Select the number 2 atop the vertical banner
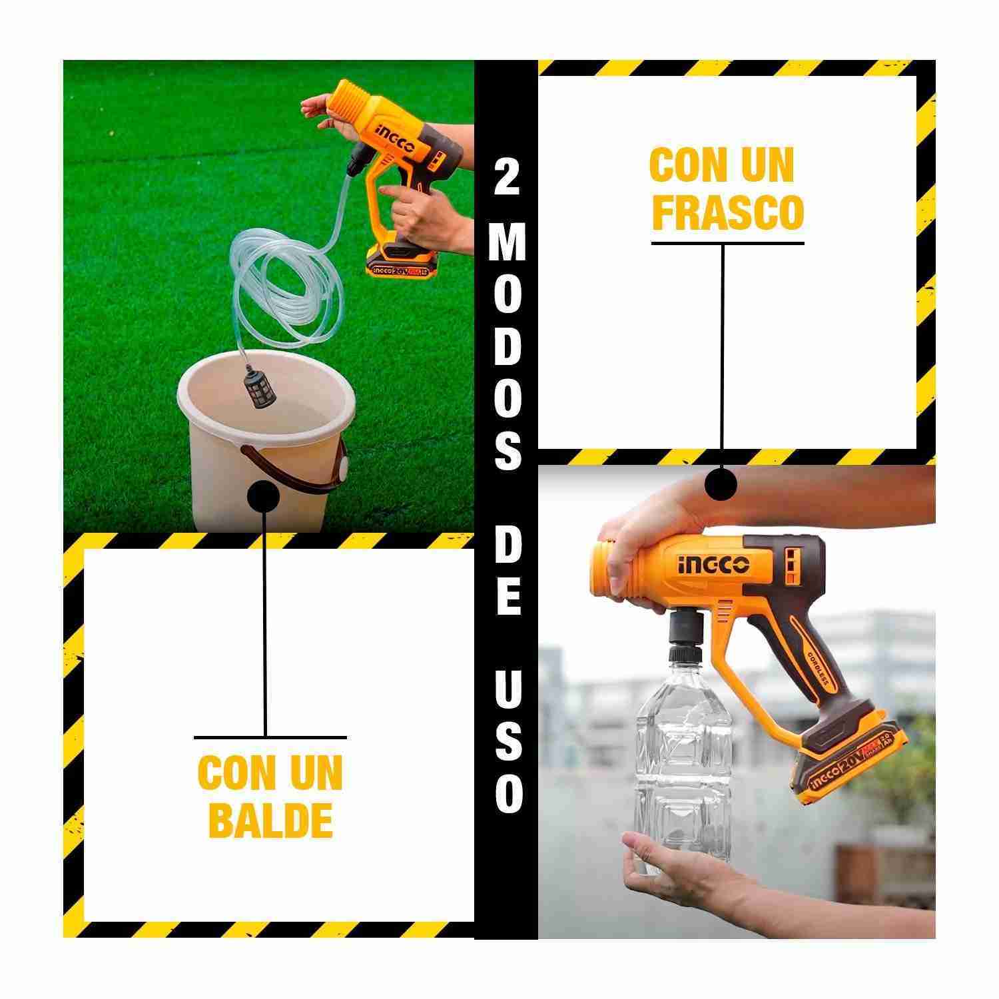coord(507,178)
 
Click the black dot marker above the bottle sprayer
coord(721,483)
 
